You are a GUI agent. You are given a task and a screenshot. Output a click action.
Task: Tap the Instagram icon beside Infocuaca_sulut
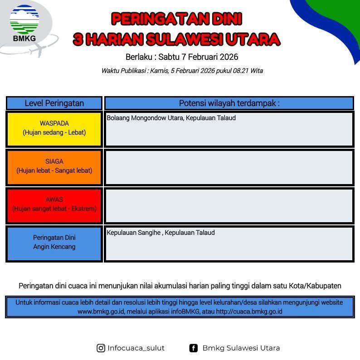(101, 348)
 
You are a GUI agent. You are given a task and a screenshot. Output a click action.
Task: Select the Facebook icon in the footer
(193, 348)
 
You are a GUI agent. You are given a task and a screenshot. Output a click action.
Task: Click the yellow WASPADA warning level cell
(54, 129)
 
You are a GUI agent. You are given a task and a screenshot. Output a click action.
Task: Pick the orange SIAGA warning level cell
(54, 167)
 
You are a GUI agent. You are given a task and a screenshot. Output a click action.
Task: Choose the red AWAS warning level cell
(54, 205)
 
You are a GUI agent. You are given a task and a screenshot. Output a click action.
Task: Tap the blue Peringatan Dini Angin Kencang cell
(54, 243)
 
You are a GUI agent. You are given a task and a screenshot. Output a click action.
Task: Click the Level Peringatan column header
(54, 103)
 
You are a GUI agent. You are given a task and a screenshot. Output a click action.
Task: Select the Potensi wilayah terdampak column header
(229, 103)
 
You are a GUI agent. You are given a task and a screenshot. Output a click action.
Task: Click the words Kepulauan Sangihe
(134, 233)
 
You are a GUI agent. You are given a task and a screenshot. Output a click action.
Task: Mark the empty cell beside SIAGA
(229, 167)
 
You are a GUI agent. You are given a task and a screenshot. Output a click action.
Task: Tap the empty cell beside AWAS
(229, 205)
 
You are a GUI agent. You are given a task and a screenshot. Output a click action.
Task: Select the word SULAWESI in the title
(184, 39)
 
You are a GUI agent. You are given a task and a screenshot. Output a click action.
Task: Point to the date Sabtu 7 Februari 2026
(198, 57)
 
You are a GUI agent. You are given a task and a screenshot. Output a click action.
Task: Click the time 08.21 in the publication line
(241, 71)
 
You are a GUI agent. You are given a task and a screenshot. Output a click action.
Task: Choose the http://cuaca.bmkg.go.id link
(249, 311)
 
